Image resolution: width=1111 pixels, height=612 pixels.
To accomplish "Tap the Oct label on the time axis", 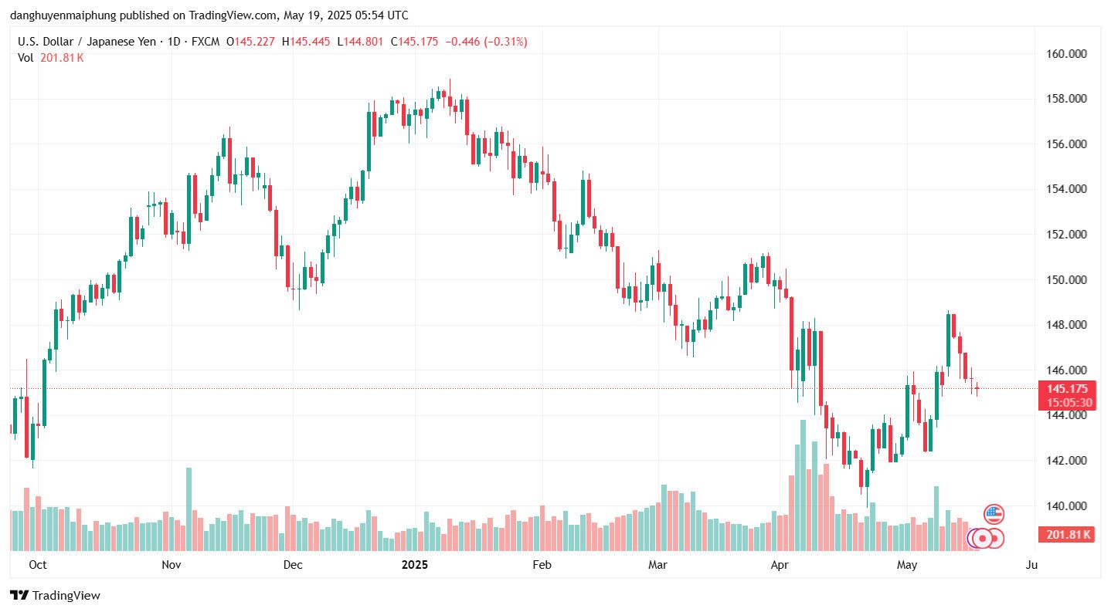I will coord(37,565).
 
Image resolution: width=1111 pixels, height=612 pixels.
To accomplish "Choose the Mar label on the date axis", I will coord(657,565).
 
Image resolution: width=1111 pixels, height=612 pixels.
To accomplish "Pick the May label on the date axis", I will coord(907,565).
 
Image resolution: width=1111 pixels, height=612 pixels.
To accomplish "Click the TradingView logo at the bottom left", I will coord(55,595).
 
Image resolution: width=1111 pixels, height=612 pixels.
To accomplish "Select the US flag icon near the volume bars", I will coord(994,514).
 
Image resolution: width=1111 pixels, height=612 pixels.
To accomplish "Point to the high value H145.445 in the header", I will coord(309,42).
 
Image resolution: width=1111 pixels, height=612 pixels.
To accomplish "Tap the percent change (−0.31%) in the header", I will coord(505,42).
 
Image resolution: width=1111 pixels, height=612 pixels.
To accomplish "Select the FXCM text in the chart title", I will coord(204,42).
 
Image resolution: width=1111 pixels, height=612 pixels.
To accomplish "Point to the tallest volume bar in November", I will coord(189,509).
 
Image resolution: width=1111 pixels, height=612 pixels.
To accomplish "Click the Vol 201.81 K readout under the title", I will coord(51,58).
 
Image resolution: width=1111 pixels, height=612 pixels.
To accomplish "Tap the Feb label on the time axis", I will coord(542,565).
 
